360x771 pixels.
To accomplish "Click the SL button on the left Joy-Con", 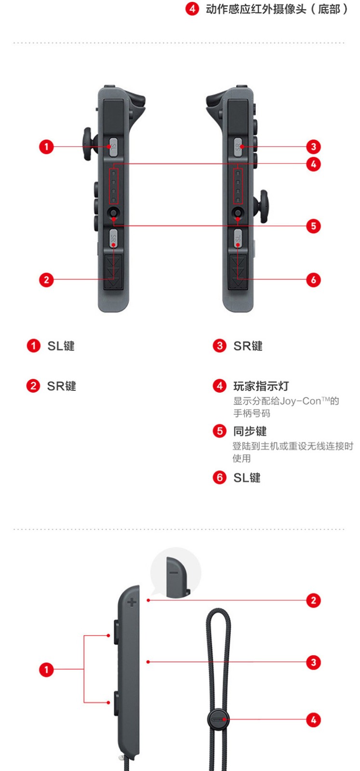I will click(x=113, y=146).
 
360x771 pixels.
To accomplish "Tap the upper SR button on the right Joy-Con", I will click(x=238, y=146).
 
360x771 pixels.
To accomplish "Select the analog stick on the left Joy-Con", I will click(x=87, y=144).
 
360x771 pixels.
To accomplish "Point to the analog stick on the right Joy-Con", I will click(x=264, y=207).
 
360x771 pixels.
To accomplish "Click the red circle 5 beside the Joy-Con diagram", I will click(x=313, y=226).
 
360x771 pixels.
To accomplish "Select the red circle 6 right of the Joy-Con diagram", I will click(x=313, y=279).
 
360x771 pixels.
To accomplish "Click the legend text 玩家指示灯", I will click(x=261, y=386).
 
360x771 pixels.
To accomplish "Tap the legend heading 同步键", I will click(x=250, y=431).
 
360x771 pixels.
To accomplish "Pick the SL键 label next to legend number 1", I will click(x=61, y=346).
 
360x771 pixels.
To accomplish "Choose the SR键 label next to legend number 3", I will click(x=248, y=346).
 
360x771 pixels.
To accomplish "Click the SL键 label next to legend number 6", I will click(x=247, y=478).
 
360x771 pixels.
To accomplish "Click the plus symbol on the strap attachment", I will click(x=131, y=602).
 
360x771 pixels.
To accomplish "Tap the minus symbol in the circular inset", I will click(x=174, y=572).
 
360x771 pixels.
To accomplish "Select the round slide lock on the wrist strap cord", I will click(x=218, y=719).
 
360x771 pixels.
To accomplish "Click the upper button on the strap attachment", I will click(x=117, y=632).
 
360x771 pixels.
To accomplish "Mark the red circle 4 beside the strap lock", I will click(x=313, y=720).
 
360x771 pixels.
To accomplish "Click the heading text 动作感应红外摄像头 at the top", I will click(x=255, y=9).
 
